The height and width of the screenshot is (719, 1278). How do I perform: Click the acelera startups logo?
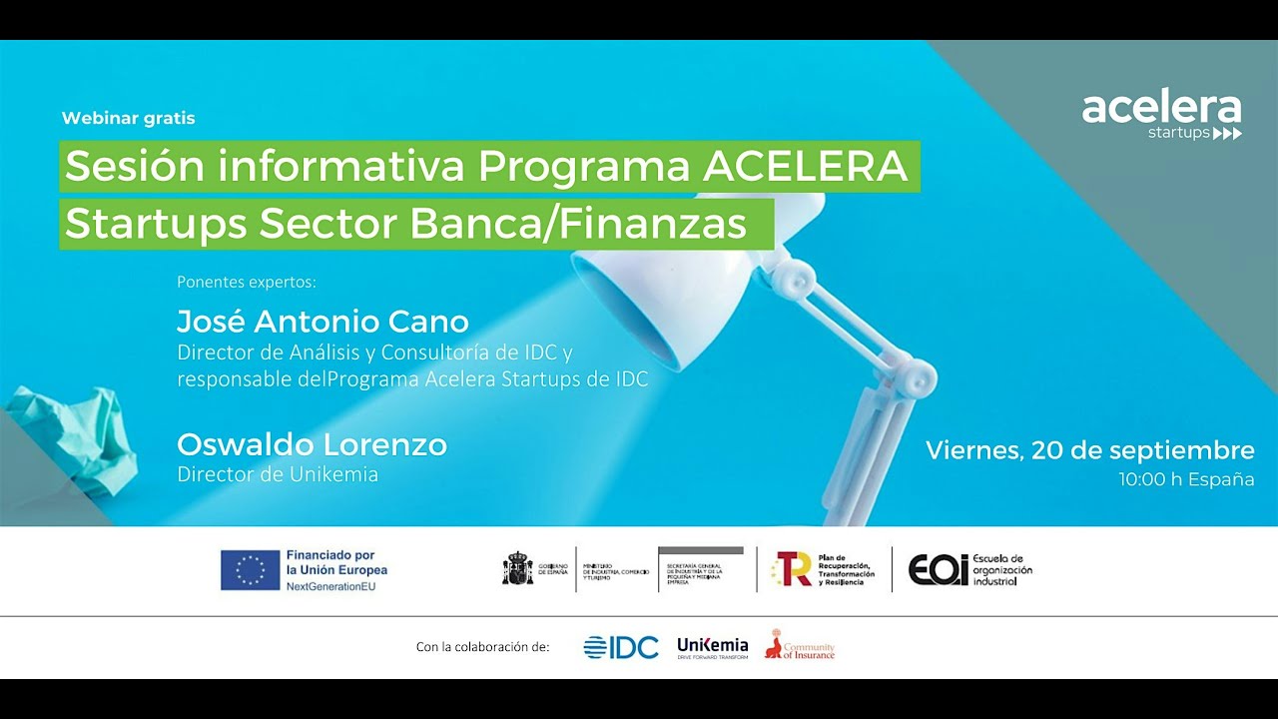point(1161,116)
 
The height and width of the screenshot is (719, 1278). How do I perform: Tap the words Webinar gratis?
point(128,118)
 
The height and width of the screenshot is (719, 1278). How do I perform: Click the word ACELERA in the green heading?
point(805,167)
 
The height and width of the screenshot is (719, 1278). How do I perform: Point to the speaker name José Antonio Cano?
point(322,322)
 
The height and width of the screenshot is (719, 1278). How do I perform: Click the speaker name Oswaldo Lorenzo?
point(312,444)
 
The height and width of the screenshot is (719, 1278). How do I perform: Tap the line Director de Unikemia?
point(278,474)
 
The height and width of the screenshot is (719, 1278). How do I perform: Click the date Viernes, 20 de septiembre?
point(1089,449)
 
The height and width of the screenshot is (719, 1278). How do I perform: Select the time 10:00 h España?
point(1186,479)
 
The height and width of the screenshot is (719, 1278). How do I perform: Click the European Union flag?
point(251,570)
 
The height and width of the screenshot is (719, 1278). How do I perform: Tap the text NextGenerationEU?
point(330,585)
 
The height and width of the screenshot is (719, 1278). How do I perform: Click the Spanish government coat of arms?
point(517,568)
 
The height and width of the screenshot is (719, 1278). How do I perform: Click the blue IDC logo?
point(621,647)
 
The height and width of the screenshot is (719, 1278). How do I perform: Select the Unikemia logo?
point(712,646)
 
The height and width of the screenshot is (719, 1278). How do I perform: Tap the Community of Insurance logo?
point(799,646)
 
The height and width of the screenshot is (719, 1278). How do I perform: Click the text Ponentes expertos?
point(246,282)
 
